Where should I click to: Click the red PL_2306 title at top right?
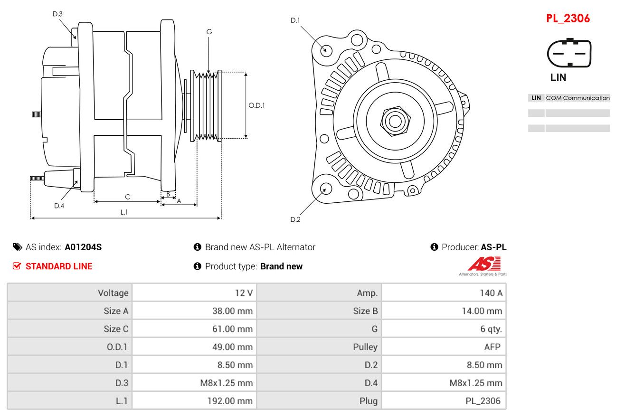(x=568, y=19)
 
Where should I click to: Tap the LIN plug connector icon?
(x=569, y=53)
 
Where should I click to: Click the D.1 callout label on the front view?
(x=295, y=20)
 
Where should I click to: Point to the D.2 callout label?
(x=295, y=219)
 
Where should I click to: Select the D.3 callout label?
(x=57, y=14)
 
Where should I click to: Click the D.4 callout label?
(x=59, y=206)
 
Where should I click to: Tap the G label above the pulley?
(x=209, y=32)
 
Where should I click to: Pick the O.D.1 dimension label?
(x=256, y=105)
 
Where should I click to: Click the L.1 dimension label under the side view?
(x=124, y=212)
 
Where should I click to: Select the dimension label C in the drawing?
(x=127, y=197)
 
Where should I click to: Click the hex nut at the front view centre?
(x=395, y=121)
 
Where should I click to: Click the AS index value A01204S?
(x=83, y=247)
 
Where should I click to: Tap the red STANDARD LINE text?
(x=59, y=266)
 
